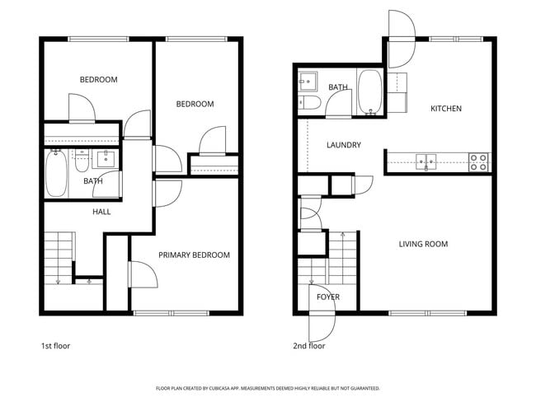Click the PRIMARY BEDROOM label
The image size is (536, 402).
[194, 255]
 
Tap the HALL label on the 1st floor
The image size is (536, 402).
[101, 212]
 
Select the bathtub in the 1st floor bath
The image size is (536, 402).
[56, 174]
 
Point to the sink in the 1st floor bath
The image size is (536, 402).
[106, 158]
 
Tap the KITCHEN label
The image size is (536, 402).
[445, 109]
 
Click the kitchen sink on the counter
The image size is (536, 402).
[426, 161]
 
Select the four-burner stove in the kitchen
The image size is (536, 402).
[478, 161]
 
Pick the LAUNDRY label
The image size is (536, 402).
[343, 145]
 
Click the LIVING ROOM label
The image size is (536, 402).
[423, 244]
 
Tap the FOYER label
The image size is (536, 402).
[327, 297]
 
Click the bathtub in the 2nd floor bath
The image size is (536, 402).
[369, 91]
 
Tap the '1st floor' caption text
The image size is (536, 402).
[55, 346]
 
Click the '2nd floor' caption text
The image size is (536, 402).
[309, 346]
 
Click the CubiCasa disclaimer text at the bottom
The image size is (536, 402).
[267, 388]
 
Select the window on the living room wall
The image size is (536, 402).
[427, 313]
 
